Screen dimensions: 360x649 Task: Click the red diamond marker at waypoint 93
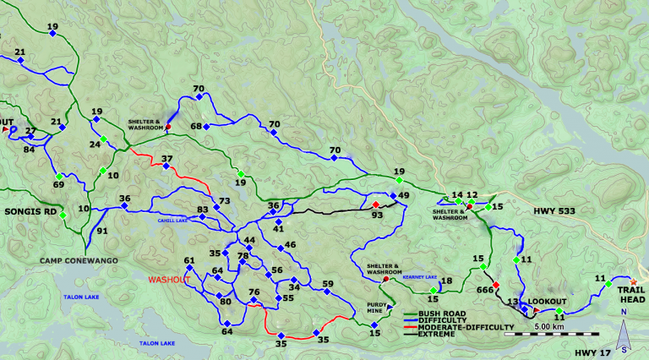376,205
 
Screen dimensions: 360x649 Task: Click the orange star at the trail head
634,281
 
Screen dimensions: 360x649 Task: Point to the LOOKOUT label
548,302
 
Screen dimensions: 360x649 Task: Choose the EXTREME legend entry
434,334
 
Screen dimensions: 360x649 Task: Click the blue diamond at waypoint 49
393,197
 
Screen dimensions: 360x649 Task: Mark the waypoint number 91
102,230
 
